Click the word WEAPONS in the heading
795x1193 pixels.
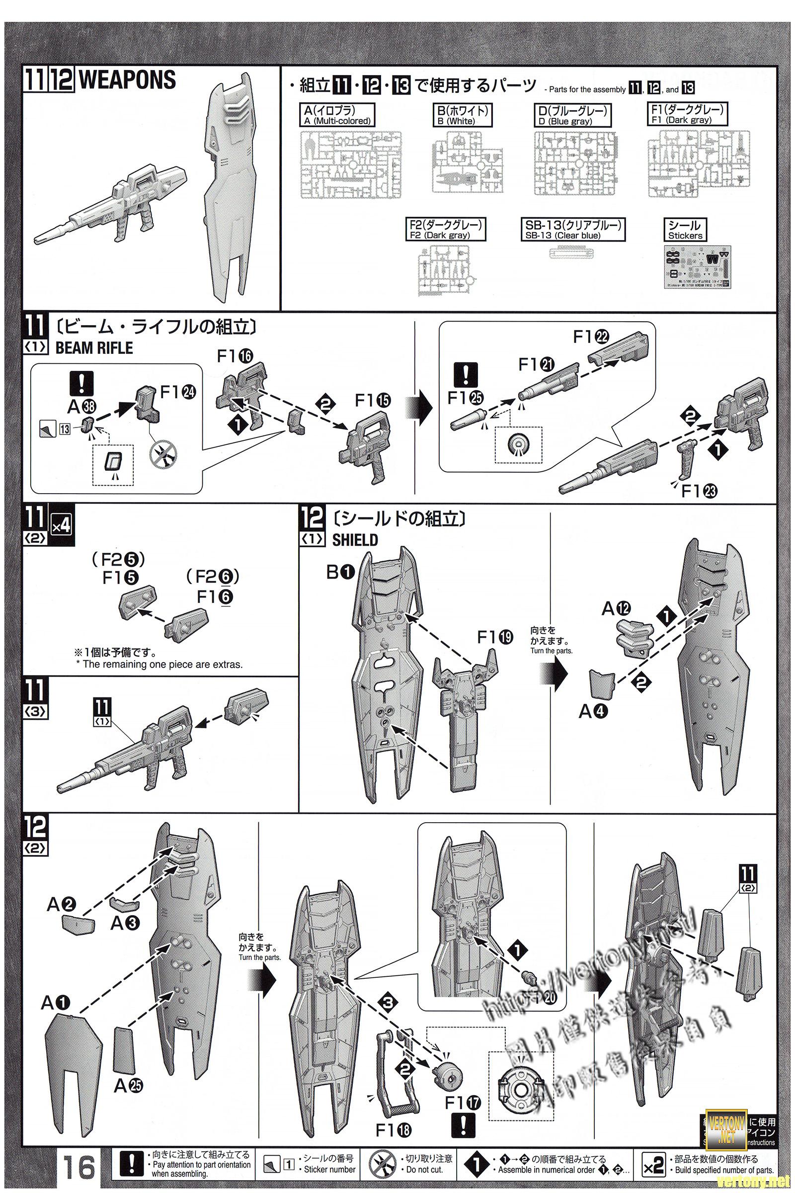[x=128, y=80]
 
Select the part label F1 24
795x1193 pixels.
[x=178, y=392]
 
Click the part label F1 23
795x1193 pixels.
[x=700, y=491]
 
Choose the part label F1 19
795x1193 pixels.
[x=495, y=638]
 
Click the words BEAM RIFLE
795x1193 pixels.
[x=94, y=348]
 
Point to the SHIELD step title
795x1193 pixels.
[x=355, y=540]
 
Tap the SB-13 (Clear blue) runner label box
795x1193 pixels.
[x=573, y=230]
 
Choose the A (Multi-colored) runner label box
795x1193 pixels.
[x=338, y=115]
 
